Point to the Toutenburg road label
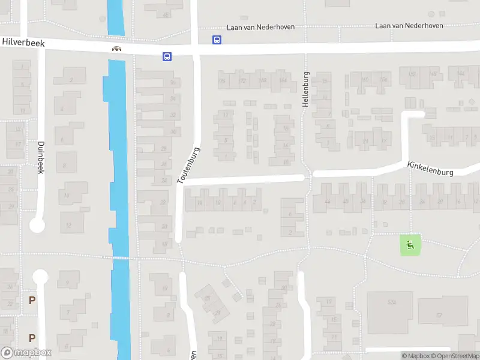point(188,166)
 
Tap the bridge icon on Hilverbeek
point(116,49)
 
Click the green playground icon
point(410,244)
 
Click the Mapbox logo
point(26,353)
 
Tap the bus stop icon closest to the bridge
point(166,57)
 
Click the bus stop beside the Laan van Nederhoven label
point(217,40)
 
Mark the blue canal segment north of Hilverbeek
point(115,17)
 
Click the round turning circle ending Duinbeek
point(37,226)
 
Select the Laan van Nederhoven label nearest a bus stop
point(260,28)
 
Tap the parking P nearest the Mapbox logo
point(31,338)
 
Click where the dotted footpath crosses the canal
point(120,258)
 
